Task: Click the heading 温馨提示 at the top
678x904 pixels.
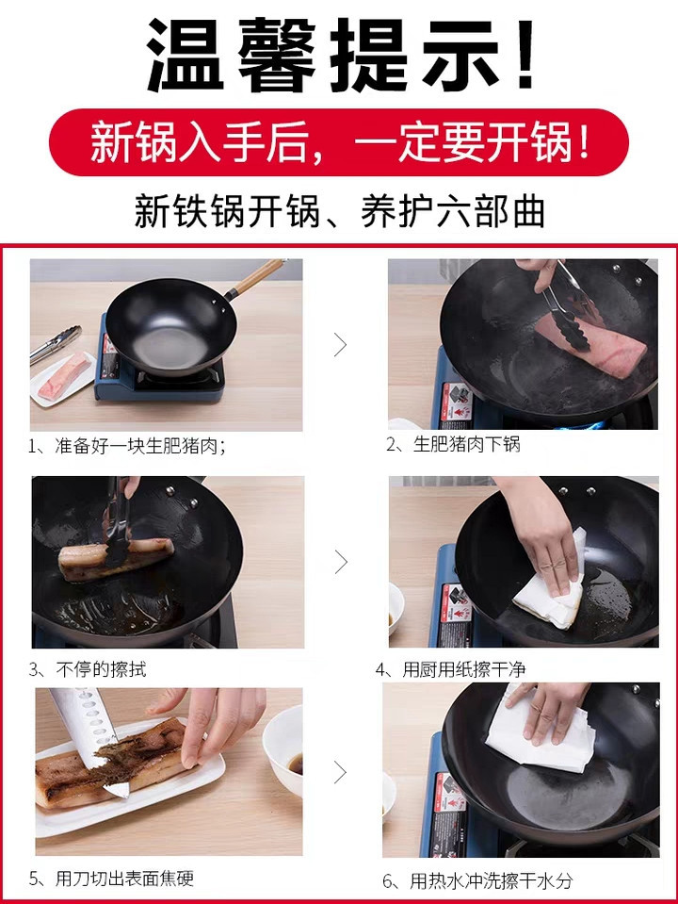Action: [x=340, y=55]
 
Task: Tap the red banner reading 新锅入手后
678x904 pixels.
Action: [x=339, y=141]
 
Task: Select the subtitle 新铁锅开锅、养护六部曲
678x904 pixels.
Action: [x=340, y=211]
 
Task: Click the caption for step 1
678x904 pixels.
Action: [x=126, y=446]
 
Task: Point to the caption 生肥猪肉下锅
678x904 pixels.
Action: [x=453, y=444]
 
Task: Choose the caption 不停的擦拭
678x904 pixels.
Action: [x=88, y=669]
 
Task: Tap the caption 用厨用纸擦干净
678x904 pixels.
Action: [x=450, y=669]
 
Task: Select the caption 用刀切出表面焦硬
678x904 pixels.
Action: [x=111, y=879]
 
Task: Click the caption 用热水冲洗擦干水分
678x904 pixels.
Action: [x=477, y=880]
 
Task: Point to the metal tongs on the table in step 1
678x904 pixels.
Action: [x=56, y=344]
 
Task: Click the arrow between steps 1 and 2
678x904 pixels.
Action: [x=341, y=345]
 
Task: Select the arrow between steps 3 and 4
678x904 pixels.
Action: [x=341, y=562]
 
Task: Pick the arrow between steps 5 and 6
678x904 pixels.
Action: [x=341, y=772]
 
